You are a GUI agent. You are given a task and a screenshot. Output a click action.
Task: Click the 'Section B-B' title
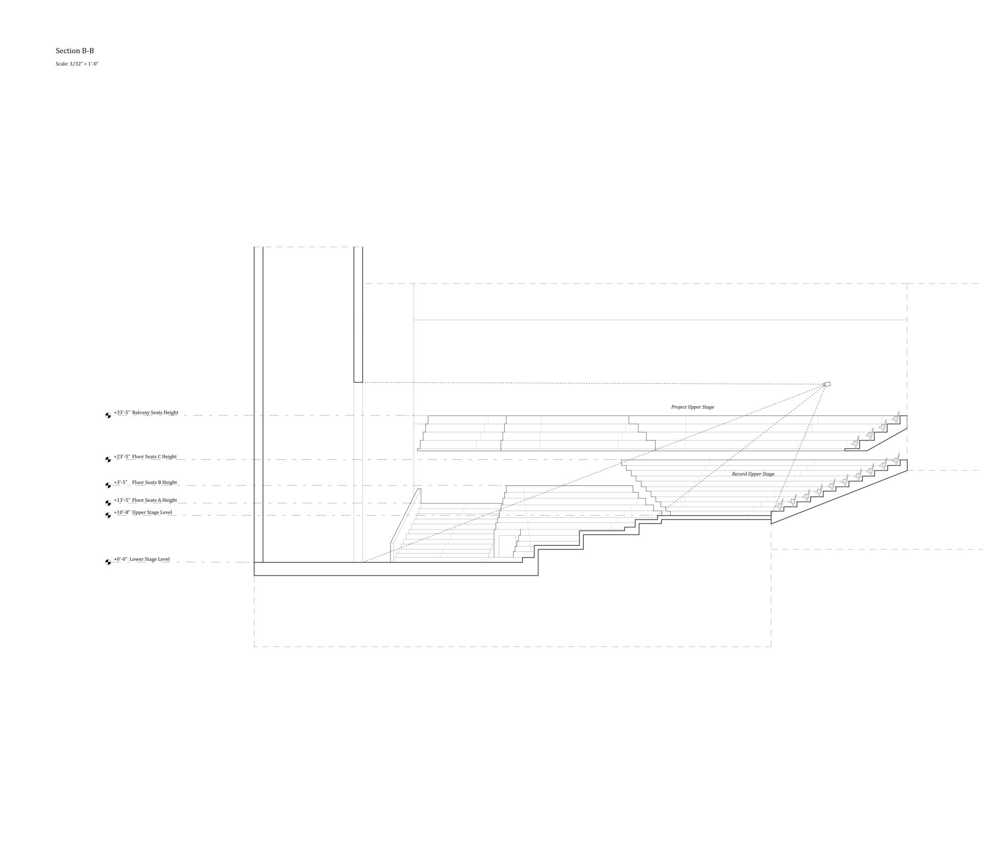click(x=75, y=51)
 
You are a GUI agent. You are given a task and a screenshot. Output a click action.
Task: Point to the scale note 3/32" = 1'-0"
click(x=77, y=64)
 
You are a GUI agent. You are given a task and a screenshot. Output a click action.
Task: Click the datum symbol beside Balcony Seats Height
click(x=108, y=415)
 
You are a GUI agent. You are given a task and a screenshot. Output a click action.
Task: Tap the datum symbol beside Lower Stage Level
click(x=108, y=562)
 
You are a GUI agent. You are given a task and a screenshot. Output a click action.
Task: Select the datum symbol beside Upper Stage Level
click(x=108, y=515)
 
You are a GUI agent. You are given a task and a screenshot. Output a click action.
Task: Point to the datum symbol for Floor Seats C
click(x=108, y=459)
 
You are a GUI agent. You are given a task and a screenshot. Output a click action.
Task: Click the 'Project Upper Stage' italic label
click(x=692, y=407)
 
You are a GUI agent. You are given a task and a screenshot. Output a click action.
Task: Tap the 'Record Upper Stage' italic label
click(x=753, y=474)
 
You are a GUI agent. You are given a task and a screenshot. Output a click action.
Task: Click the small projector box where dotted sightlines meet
click(x=826, y=384)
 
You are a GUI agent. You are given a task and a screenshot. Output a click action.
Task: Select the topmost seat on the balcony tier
click(x=896, y=417)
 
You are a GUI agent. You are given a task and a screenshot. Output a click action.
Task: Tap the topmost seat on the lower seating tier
click(x=896, y=461)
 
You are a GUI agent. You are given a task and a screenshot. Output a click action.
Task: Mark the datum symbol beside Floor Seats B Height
click(x=108, y=485)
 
